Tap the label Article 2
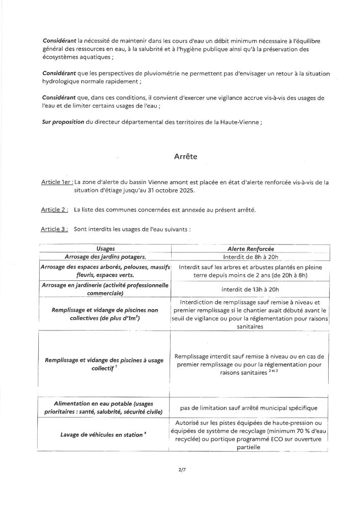(55, 210)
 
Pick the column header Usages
(105, 249)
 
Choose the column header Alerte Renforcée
(250, 249)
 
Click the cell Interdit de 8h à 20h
(250, 256)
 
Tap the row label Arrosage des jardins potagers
(105, 256)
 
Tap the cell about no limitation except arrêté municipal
(250, 408)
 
